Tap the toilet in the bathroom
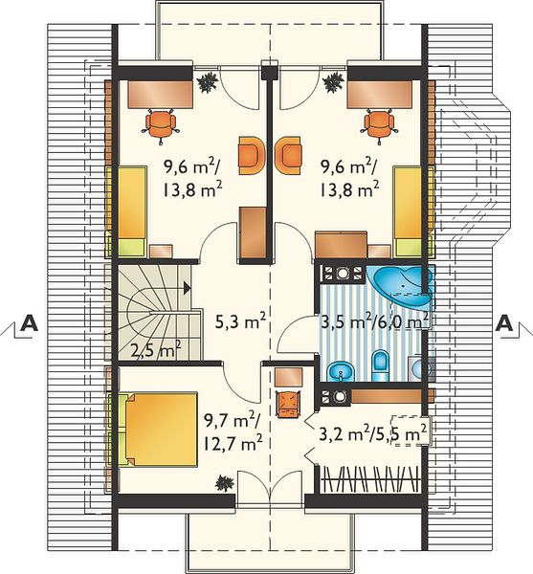pyautogui.click(x=381, y=365)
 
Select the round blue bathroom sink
pyautogui.click(x=341, y=372)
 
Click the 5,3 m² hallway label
pyautogui.click(x=240, y=321)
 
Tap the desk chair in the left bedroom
pyautogui.click(x=161, y=124)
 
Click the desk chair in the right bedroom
pyautogui.click(x=379, y=124)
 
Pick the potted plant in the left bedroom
pyautogui.click(x=209, y=82)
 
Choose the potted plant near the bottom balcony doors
pyautogui.click(x=225, y=483)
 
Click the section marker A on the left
pyautogui.click(x=29, y=323)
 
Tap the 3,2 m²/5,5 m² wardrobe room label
pyautogui.click(x=373, y=433)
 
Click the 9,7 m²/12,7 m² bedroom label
pyautogui.click(x=233, y=433)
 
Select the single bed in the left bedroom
pyautogui.click(x=131, y=211)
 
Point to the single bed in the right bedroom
pyautogui.click(x=408, y=211)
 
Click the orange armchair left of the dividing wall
pyautogui.click(x=252, y=156)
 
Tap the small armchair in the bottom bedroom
pyautogui.click(x=289, y=404)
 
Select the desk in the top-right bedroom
pyautogui.click(x=380, y=95)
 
